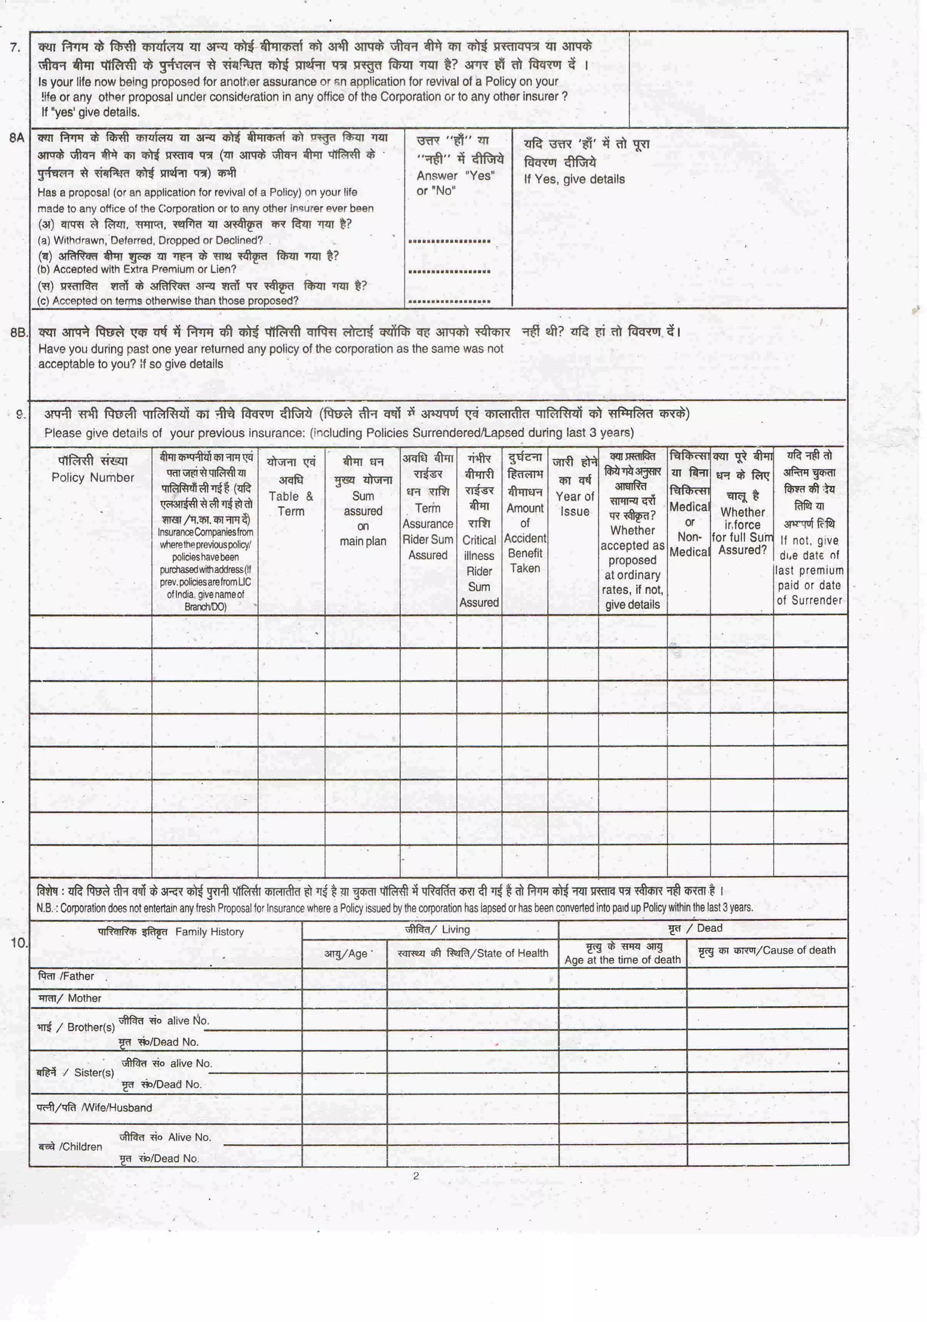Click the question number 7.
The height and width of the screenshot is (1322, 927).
pyautogui.click(x=15, y=47)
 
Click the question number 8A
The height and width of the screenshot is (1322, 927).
pyautogui.click(x=17, y=138)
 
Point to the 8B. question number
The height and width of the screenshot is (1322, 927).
pyautogui.click(x=19, y=332)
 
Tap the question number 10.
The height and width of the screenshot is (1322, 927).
pyautogui.click(x=19, y=943)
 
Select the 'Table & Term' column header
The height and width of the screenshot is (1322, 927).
pyautogui.click(x=291, y=503)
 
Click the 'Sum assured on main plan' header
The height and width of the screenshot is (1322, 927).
pyautogui.click(x=362, y=518)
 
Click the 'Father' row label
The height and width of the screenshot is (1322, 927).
pyautogui.click(x=66, y=976)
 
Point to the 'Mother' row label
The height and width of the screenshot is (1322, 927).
pyautogui.click(x=69, y=998)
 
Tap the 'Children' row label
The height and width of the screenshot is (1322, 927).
pyautogui.click(x=70, y=1146)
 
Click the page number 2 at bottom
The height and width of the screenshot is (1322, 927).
pyautogui.click(x=416, y=1176)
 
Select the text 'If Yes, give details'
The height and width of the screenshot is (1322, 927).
pyautogui.click(x=573, y=179)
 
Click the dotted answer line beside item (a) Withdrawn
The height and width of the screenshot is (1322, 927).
pyautogui.click(x=449, y=241)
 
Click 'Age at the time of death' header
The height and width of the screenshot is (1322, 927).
pyautogui.click(x=622, y=960)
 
